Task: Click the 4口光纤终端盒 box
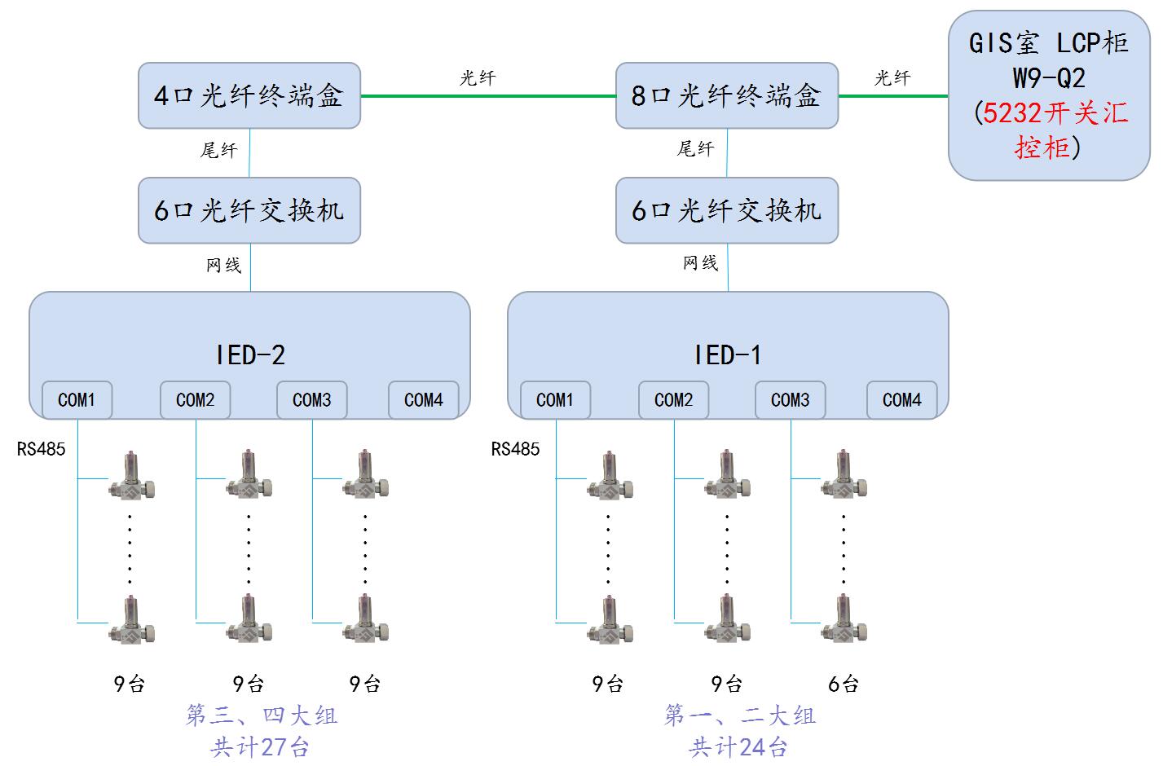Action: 249,96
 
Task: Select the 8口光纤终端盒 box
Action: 726,96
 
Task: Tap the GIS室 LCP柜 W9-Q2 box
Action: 1048,95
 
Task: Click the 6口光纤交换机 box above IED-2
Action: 249,210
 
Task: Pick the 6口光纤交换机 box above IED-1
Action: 726,210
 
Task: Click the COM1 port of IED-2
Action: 77,400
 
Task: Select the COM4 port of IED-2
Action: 423,400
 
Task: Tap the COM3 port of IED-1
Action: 790,400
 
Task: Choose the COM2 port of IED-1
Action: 673,400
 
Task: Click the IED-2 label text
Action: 250,355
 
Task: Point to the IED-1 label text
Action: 728,355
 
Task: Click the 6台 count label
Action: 844,684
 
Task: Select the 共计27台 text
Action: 260,746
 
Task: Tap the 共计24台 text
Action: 738,746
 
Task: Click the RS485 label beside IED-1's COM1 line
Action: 515,449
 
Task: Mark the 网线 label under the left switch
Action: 222,264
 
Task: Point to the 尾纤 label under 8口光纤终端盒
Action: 695,149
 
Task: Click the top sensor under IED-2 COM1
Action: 132,477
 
